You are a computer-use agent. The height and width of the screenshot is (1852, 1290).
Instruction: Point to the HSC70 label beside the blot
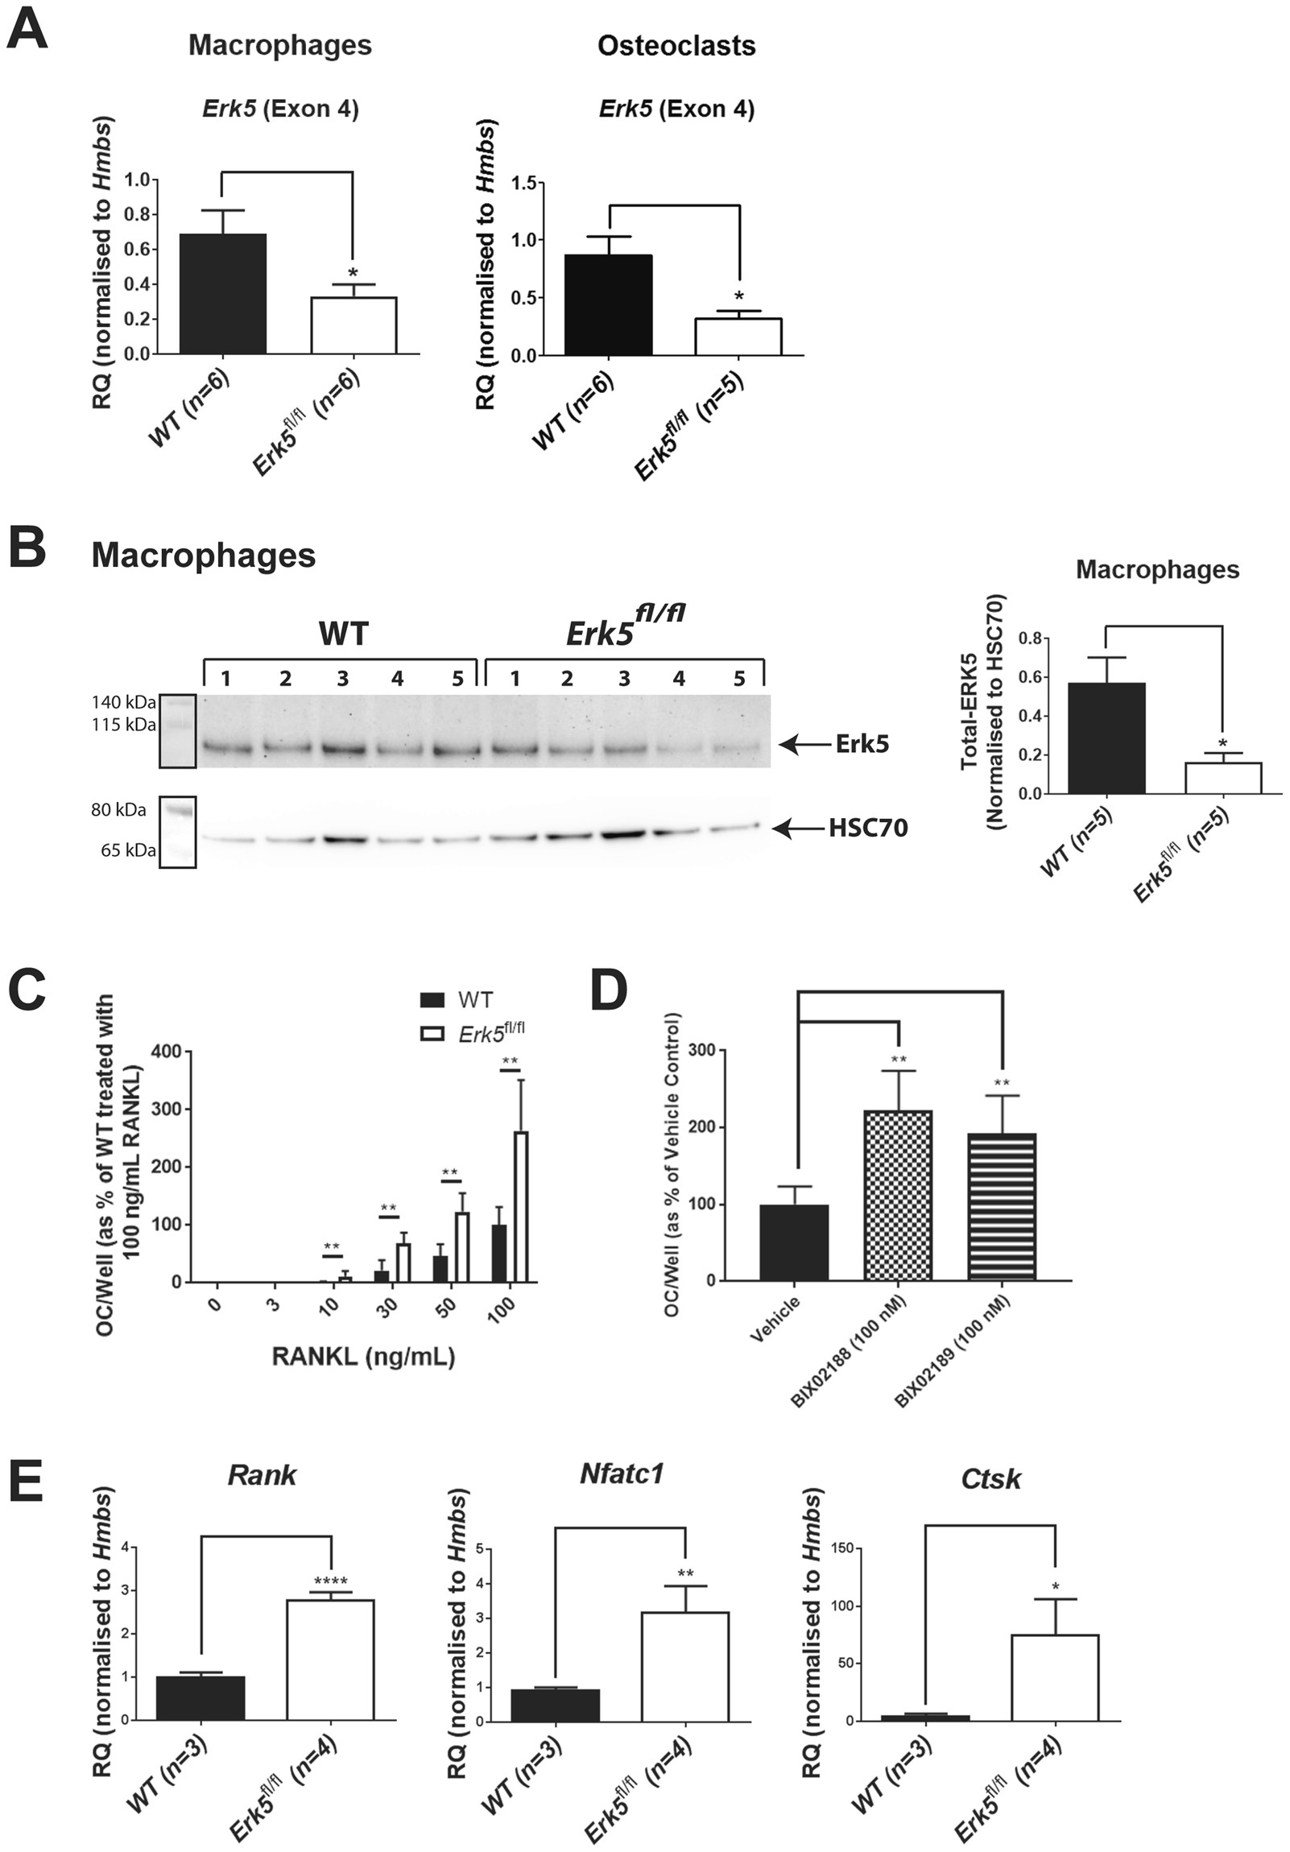pos(868,828)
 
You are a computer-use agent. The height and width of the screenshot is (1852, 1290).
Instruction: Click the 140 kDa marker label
pos(123,703)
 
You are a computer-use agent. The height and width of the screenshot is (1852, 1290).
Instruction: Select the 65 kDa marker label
pos(128,850)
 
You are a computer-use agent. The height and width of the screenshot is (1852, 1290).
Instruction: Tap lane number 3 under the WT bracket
pos(343,679)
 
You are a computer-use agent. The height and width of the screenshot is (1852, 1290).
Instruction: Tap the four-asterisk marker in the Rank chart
pos(331,1581)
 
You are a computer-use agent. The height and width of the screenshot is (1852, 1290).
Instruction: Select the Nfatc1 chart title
pos(621,1474)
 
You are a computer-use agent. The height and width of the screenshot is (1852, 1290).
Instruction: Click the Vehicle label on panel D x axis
pos(775,1320)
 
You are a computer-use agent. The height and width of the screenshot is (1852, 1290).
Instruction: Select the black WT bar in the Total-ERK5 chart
pos(1106,738)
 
